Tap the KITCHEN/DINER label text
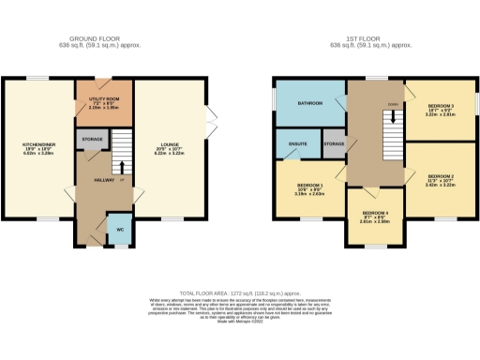38,145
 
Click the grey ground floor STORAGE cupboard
92,140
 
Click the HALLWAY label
93,181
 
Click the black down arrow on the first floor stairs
392,119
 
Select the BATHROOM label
309,102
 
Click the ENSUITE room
298,144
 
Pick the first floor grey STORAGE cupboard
335,142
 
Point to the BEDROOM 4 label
375,218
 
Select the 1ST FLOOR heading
372,39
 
